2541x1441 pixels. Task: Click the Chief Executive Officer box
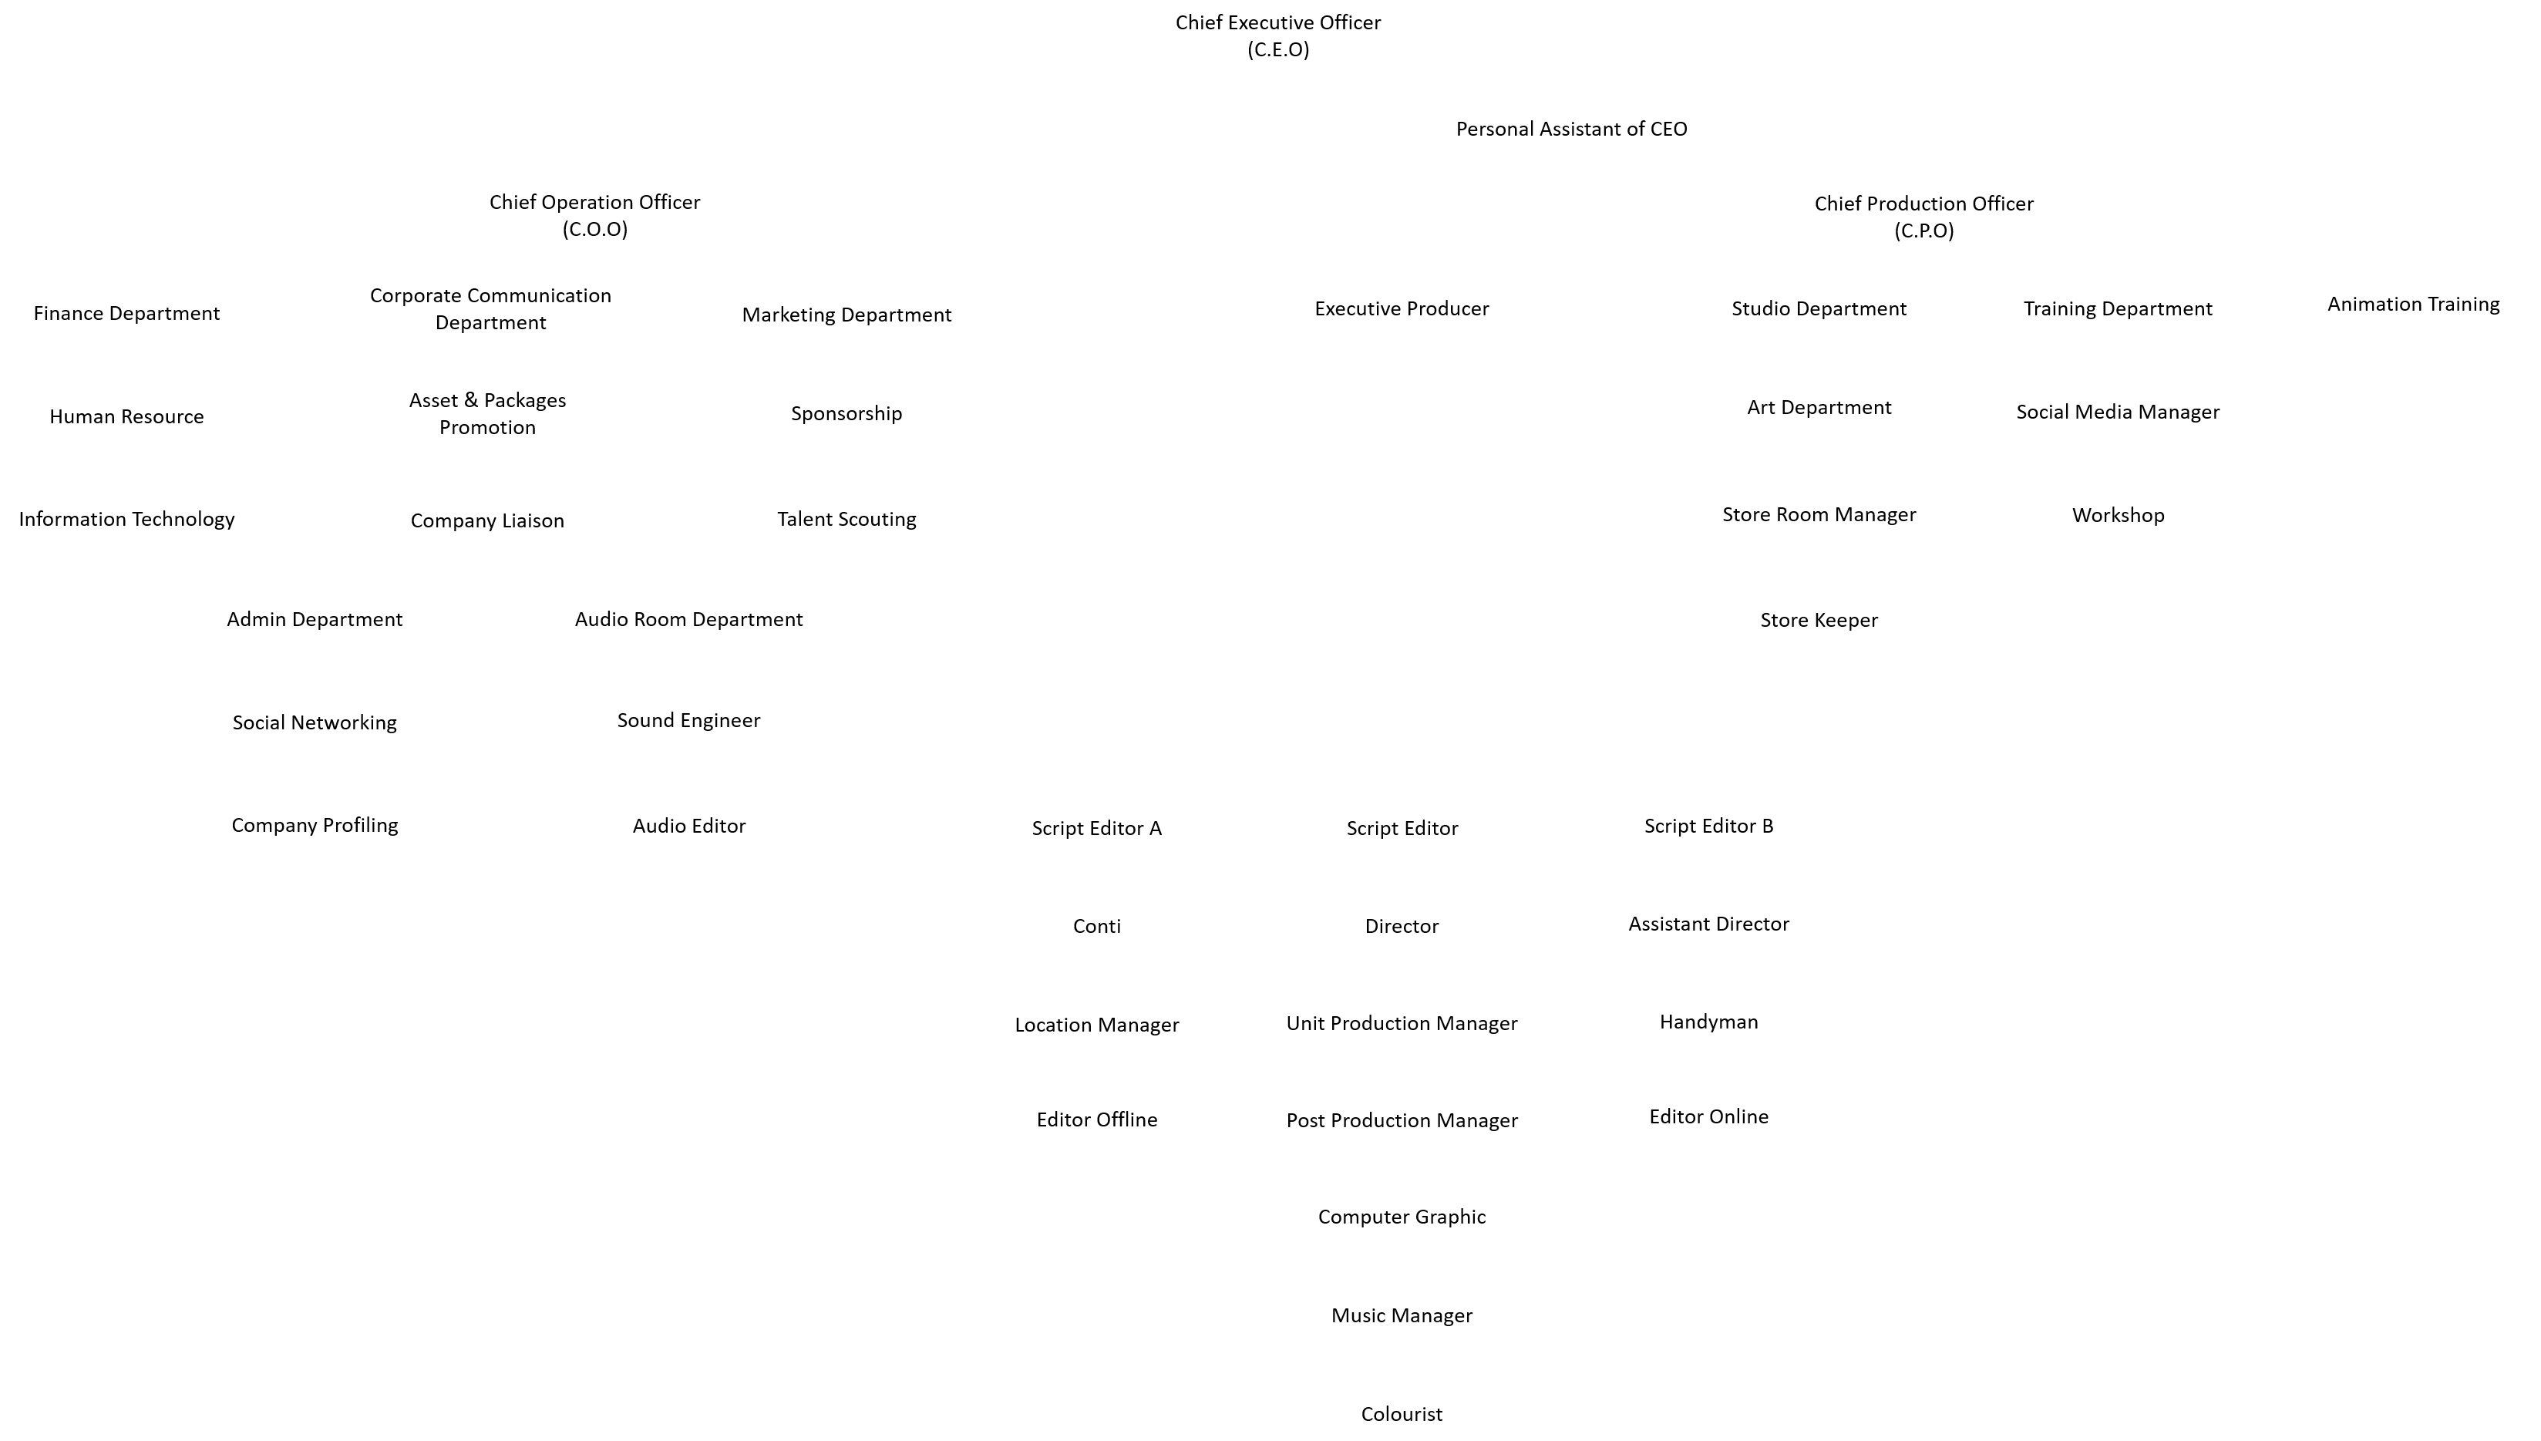tap(1277, 35)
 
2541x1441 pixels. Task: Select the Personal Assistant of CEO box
tap(1571, 129)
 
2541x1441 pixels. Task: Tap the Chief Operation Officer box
tap(594, 215)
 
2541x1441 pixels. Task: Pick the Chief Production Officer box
tap(1923, 217)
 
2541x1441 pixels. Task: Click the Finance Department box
tap(126, 313)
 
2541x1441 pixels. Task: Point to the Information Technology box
tap(126, 519)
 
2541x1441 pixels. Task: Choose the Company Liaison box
tap(486, 520)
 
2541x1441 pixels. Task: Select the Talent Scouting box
tap(846, 519)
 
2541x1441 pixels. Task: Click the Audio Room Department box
tap(688, 618)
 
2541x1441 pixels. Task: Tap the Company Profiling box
tap(315, 824)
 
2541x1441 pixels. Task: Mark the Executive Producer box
tap(1401, 308)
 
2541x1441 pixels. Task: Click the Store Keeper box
tap(1819, 620)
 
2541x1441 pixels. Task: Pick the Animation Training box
tap(2413, 304)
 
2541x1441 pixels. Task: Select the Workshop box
tap(2118, 515)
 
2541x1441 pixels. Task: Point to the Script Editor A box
tap(1096, 827)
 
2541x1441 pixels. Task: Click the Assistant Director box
tap(1709, 924)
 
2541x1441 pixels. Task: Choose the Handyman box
tap(1709, 1022)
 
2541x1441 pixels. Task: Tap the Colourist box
tap(1401, 1413)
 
